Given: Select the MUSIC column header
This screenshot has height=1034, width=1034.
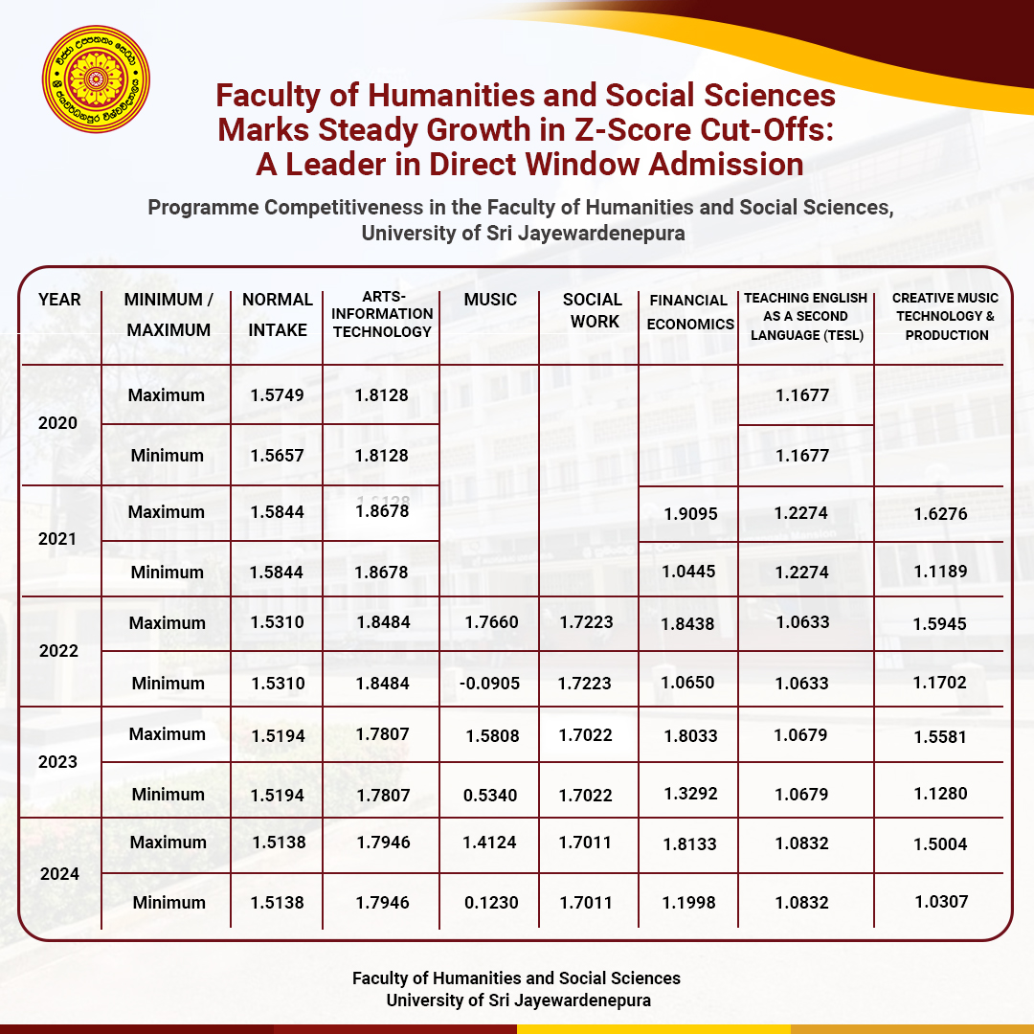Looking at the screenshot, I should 490,300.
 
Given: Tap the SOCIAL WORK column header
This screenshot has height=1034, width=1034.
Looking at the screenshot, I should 592,310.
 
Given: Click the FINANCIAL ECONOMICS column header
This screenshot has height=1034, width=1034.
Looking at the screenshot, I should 689,311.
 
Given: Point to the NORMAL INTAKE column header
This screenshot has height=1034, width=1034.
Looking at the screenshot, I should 278,314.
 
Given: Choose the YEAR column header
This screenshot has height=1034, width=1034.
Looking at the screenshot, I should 59,300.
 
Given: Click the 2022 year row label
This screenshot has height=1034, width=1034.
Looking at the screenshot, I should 57,651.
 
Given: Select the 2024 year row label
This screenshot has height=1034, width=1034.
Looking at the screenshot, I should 57,873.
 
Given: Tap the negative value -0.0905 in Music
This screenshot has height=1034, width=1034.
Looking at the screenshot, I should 490,684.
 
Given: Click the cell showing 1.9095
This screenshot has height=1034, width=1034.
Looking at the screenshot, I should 690,514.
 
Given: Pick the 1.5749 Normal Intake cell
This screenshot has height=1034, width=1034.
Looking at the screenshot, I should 277,395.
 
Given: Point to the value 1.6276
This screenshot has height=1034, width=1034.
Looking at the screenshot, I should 941,514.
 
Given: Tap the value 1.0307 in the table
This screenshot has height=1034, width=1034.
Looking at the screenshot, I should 941,902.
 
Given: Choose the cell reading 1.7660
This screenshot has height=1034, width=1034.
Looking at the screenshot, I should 490,623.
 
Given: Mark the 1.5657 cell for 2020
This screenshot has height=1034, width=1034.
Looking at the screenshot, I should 277,456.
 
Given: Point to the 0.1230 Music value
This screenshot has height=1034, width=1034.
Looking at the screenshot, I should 490,903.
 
